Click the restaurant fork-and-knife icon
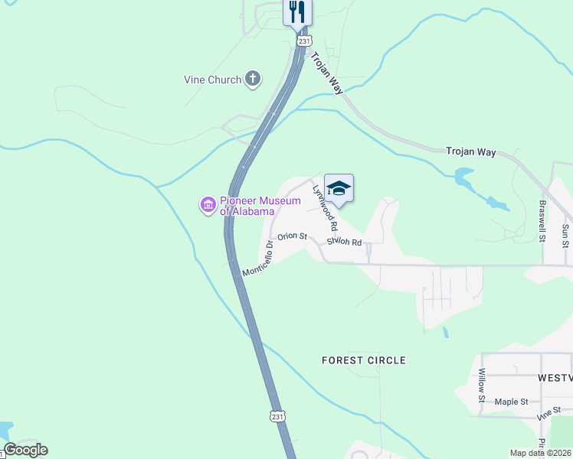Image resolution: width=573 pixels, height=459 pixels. coord(298,12)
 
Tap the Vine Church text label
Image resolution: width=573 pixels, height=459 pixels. coord(212,79)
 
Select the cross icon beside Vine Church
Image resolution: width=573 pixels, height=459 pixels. coord(253,79)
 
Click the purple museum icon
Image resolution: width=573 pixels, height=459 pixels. coord(207,205)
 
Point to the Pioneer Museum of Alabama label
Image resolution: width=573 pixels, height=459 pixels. coord(247,207)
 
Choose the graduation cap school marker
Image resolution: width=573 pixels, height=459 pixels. coord(339,188)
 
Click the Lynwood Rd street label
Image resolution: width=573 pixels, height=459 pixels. coord(325,207)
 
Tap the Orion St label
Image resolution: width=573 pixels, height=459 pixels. coord(292,237)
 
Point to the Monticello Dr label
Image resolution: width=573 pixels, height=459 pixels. coord(258,261)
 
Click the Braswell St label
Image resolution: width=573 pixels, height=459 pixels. coord(542,221)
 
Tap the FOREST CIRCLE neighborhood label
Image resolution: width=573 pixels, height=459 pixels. coord(364,360)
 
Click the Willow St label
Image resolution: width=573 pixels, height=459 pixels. coord(483,385)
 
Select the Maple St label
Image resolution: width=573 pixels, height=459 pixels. coord(512,402)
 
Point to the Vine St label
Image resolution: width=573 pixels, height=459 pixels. coord(545,414)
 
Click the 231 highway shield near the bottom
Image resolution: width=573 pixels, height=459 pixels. coord(277,415)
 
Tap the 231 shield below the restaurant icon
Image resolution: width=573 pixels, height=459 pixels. coord(305,41)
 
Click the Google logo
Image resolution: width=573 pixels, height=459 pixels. coord(25,450)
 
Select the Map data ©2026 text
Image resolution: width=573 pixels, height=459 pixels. coord(540,453)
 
